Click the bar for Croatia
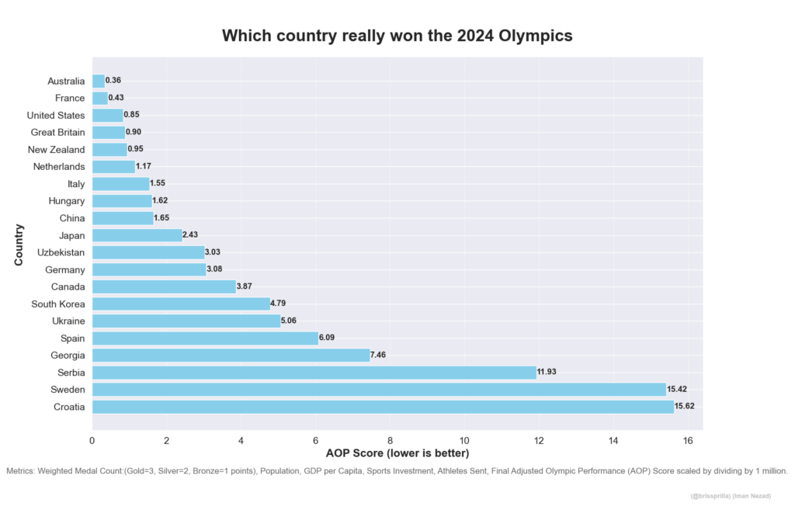pos(383,406)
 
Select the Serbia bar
pos(314,372)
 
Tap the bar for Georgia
pos(231,355)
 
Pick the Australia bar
pos(99,81)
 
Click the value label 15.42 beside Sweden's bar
pos(678,389)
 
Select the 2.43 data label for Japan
pos(193,235)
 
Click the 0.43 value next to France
pos(116,98)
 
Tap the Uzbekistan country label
pos(61,252)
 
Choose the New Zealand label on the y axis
pos(57,149)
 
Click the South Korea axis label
pos(58,304)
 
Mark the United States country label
pos(56,115)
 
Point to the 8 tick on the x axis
pos(391,441)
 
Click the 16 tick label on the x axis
pos(688,441)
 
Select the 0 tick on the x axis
pos(92,441)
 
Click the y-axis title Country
pos(19,245)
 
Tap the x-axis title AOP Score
pos(397,453)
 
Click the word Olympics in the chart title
pos(535,36)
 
